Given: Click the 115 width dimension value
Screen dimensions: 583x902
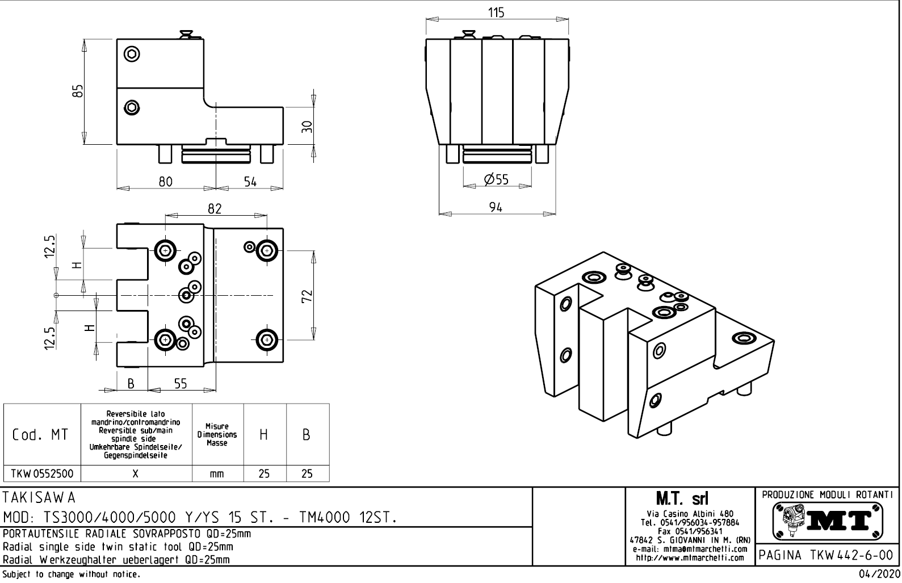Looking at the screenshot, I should pyautogui.click(x=496, y=12).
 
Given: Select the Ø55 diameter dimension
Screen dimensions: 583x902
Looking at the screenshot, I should pyautogui.click(x=496, y=180).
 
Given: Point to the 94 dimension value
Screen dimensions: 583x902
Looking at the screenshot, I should pyautogui.click(x=496, y=208).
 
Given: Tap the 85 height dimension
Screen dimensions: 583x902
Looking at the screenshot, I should pyautogui.click(x=78, y=91).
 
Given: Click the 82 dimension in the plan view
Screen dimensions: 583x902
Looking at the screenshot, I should pyautogui.click(x=214, y=209).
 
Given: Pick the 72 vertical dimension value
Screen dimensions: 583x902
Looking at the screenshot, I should pyautogui.click(x=307, y=296).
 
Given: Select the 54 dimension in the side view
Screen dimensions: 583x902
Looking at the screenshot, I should pyautogui.click(x=250, y=182).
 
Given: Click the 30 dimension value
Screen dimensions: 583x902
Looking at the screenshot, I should pyautogui.click(x=307, y=126).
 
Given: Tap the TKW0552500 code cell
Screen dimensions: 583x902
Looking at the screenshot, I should pyautogui.click(x=42, y=474).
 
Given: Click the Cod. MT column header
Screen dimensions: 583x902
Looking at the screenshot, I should pyautogui.click(x=41, y=435).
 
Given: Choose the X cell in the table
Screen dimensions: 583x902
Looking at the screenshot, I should pyautogui.click(x=136, y=474).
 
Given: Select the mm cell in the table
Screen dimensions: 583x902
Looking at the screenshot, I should pyautogui.click(x=217, y=474).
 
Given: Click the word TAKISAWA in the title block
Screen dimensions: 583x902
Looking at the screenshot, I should pyautogui.click(x=39, y=498).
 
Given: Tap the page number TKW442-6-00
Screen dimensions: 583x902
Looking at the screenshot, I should pyautogui.click(x=827, y=555).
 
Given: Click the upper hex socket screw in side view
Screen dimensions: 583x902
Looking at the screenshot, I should pyautogui.click(x=132, y=55).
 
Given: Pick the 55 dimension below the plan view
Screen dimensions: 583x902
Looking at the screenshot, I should pyautogui.click(x=181, y=384).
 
